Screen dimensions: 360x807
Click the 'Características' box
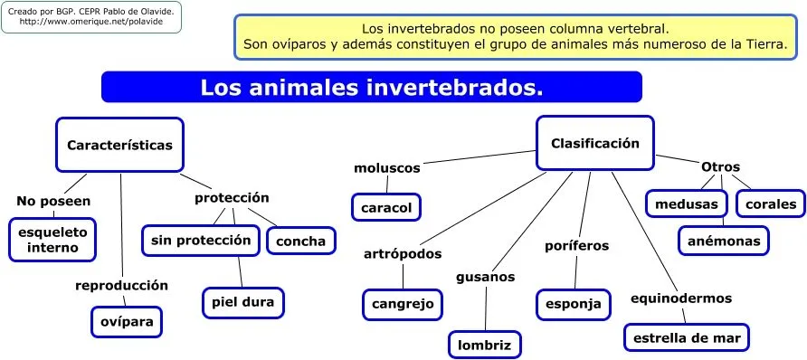pos(119,145)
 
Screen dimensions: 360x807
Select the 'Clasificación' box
pos(594,143)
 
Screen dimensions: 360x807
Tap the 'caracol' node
pos(386,208)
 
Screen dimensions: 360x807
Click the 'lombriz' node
pos(485,345)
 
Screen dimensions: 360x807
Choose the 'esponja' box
pos(573,304)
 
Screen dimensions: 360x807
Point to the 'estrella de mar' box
pos(687,338)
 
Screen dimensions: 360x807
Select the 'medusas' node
pos(687,204)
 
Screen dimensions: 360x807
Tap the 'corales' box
pos(771,204)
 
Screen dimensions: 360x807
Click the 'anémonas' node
pos(724,241)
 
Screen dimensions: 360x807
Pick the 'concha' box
pos(300,241)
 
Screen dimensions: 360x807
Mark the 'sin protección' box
pos(201,240)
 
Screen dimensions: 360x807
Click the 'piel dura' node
pos(243,301)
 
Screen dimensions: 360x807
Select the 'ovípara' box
pos(128,321)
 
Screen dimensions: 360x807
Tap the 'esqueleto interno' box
pos(53,239)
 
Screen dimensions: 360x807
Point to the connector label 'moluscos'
pos(386,168)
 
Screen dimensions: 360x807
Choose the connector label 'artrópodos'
pos(403,253)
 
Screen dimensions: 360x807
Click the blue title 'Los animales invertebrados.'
pos(371,88)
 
